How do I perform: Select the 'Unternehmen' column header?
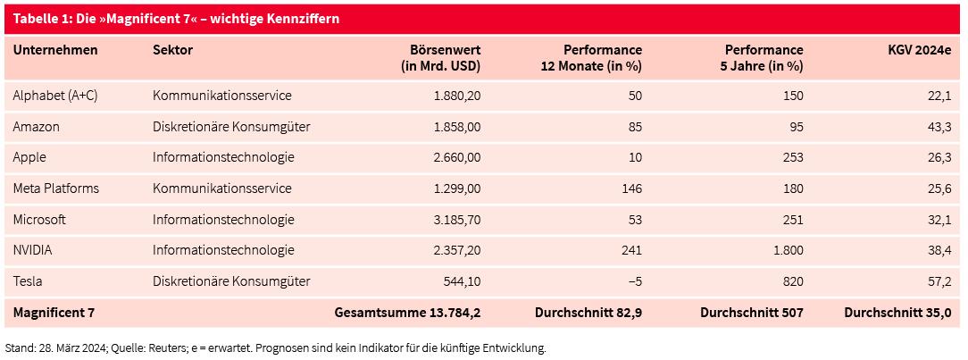click(55, 50)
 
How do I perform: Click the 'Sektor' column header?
click(172, 50)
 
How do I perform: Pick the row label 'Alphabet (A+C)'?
click(55, 96)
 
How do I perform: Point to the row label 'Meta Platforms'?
click(55, 188)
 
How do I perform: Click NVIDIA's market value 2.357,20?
click(455, 250)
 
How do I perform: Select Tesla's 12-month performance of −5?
click(635, 281)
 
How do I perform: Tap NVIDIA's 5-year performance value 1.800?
click(786, 250)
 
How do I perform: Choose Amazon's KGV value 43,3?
click(940, 127)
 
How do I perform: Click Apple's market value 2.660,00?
click(455, 157)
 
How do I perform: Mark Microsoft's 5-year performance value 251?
click(793, 219)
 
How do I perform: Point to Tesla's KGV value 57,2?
click(940, 281)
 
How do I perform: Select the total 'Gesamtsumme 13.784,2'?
click(407, 313)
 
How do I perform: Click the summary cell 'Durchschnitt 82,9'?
click(588, 313)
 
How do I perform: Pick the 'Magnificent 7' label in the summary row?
click(54, 313)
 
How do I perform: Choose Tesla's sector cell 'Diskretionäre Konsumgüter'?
click(231, 281)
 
